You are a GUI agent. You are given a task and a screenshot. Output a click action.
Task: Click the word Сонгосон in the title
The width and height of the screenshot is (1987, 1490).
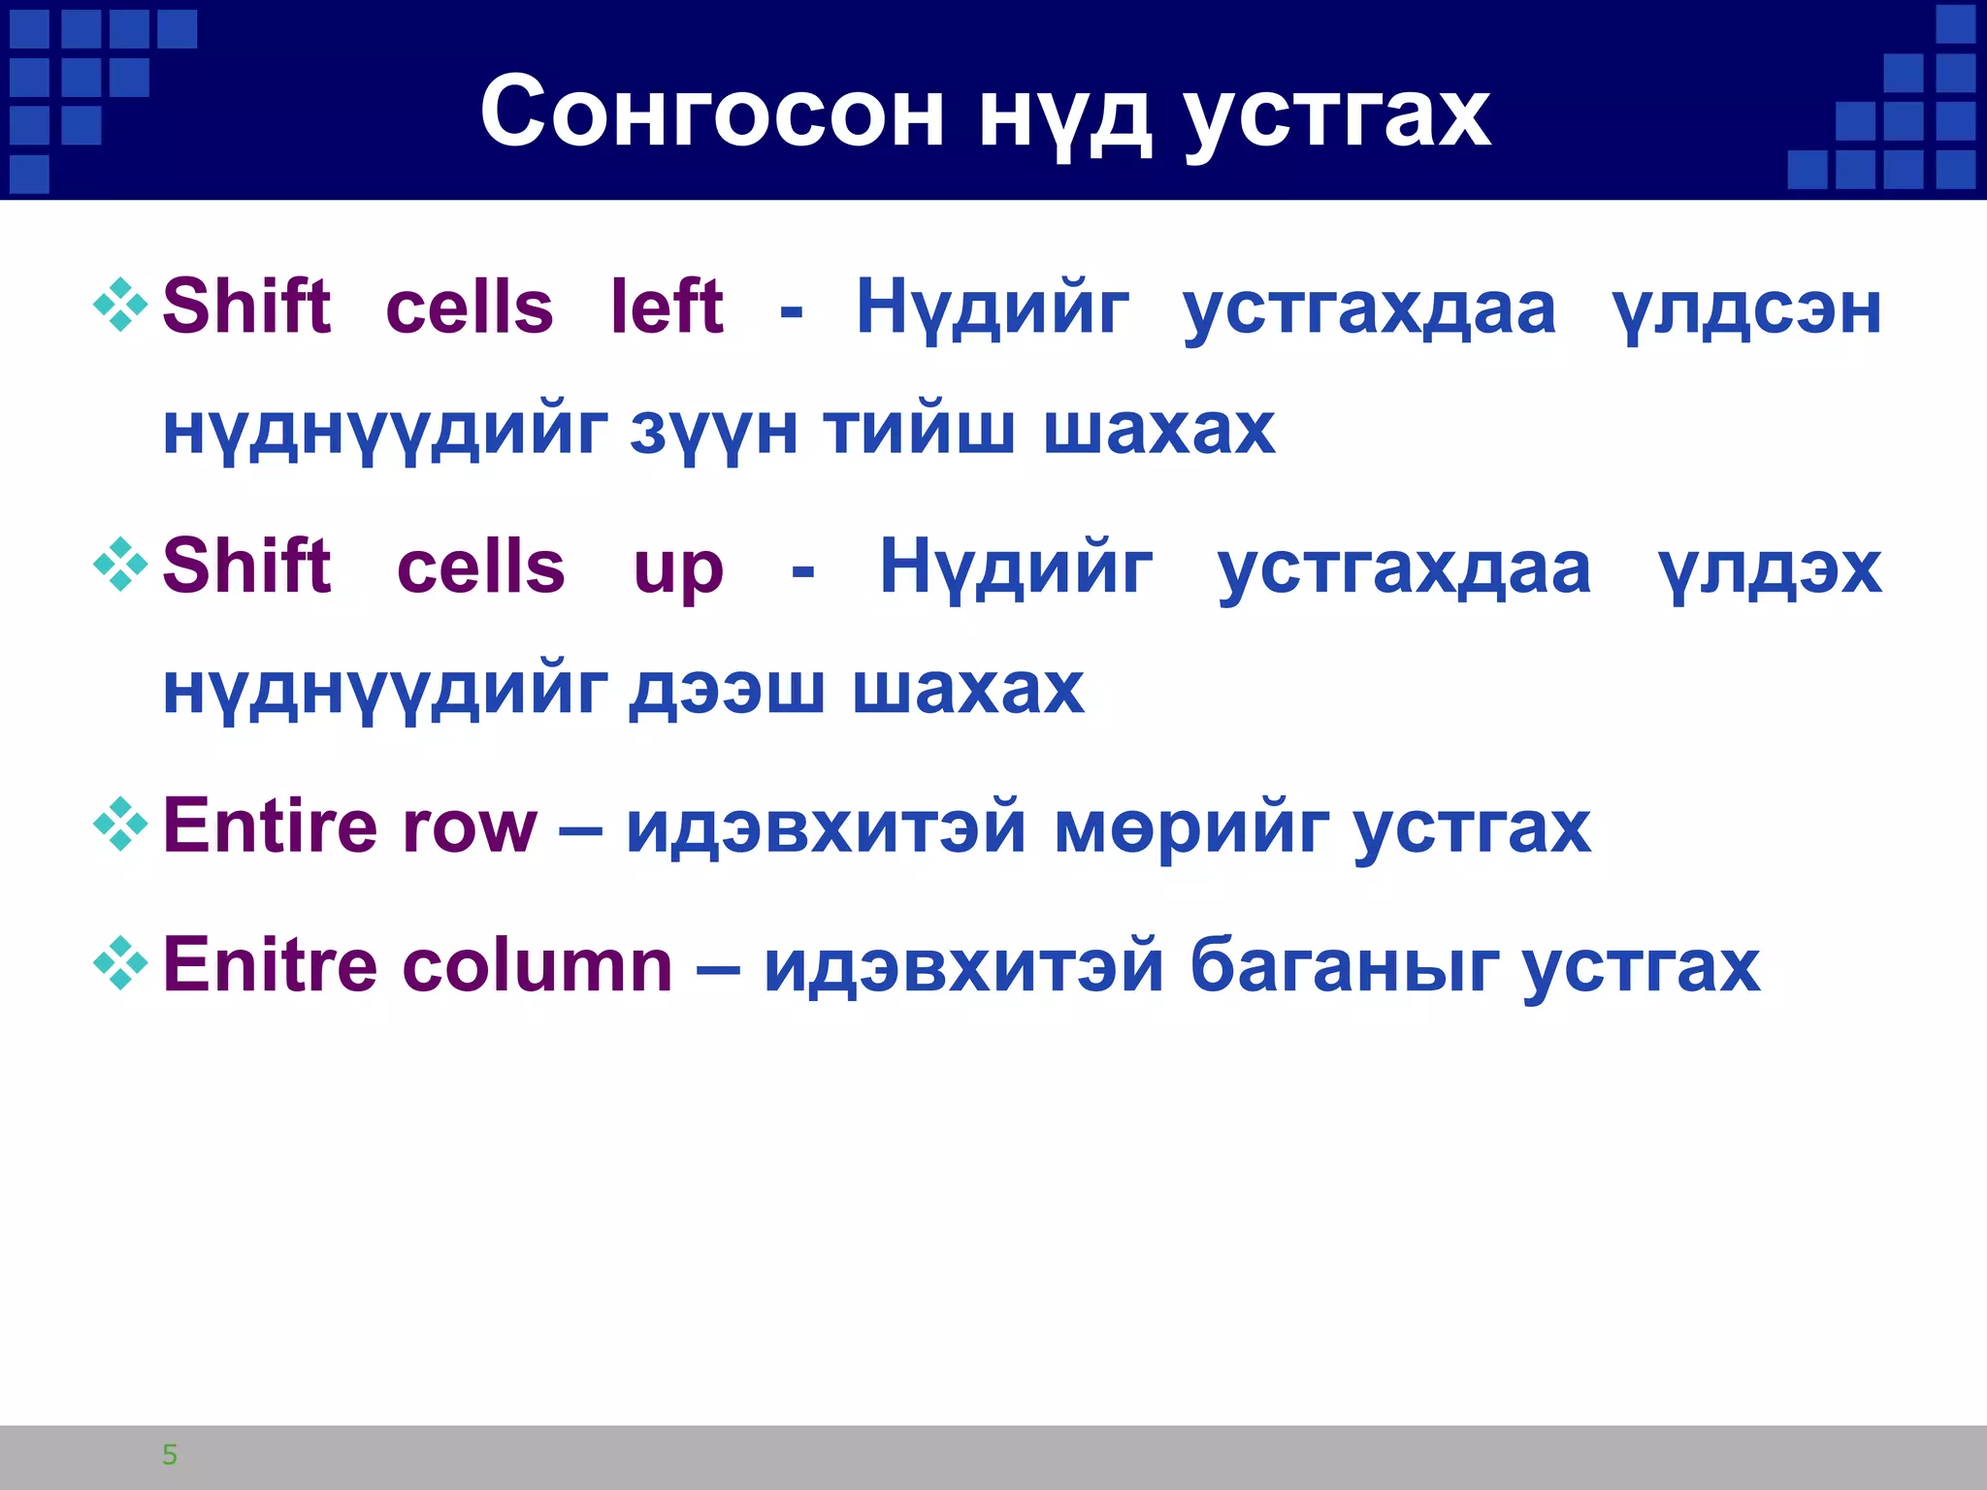tap(711, 113)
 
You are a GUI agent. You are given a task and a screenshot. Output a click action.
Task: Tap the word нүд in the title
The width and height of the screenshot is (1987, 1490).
tap(1064, 116)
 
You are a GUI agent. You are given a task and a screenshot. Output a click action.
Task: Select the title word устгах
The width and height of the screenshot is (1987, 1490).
tap(1337, 116)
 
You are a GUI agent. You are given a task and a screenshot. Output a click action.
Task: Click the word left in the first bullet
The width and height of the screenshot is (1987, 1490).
tap(667, 307)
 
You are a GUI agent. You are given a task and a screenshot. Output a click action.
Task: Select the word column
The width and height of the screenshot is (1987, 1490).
tap(537, 966)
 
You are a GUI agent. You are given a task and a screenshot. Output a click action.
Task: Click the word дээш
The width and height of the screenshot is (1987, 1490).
tap(727, 690)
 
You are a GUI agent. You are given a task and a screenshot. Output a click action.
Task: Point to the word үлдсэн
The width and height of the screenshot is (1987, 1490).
tap(1745, 310)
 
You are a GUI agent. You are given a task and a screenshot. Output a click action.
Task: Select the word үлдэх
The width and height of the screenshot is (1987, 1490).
tap(1770, 570)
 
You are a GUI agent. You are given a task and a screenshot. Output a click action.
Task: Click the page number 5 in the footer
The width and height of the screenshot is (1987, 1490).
tap(170, 1454)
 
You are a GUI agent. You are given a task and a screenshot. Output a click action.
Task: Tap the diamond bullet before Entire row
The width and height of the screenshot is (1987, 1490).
tap(120, 824)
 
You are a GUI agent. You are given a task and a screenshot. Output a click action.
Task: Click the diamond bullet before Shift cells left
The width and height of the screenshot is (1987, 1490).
tap(120, 305)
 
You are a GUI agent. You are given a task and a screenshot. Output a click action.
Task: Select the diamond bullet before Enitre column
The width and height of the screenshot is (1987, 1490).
tap(120, 962)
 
